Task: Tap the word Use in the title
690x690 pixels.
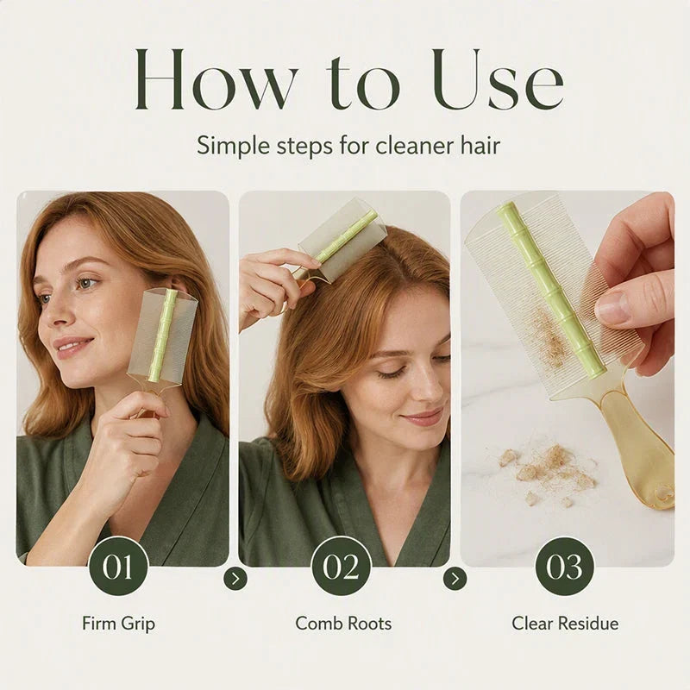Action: point(499,78)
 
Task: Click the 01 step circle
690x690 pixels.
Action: point(118,566)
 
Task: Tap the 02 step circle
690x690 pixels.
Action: point(341,566)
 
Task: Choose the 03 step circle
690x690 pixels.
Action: point(565,566)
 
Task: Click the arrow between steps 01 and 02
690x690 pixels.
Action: point(235,579)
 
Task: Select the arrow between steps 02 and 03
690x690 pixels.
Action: point(455,579)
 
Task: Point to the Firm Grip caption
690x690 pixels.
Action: point(118,624)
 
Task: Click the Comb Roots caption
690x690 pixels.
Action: point(343,623)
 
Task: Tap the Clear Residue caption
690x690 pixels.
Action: point(565,623)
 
